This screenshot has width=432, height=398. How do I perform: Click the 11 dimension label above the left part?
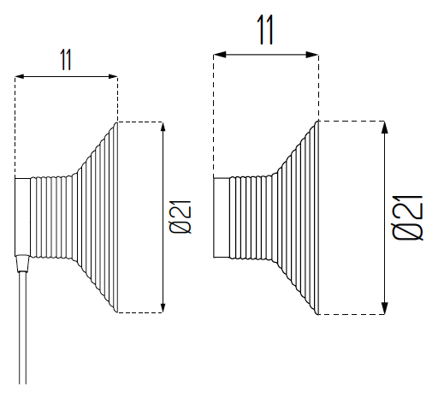66,60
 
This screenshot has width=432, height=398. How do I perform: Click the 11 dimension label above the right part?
265,30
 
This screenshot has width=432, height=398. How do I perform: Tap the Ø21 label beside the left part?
180,217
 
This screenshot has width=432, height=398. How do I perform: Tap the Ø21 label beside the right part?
407,217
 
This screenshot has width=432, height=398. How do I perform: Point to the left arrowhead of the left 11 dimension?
20,76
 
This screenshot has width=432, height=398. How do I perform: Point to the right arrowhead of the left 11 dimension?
112,76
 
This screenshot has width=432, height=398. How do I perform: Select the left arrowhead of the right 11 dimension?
220,55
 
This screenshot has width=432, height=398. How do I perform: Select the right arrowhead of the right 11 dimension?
312,55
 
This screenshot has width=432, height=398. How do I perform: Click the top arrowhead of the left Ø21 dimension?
163,127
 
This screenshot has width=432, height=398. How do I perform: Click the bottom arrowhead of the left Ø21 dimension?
163,307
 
